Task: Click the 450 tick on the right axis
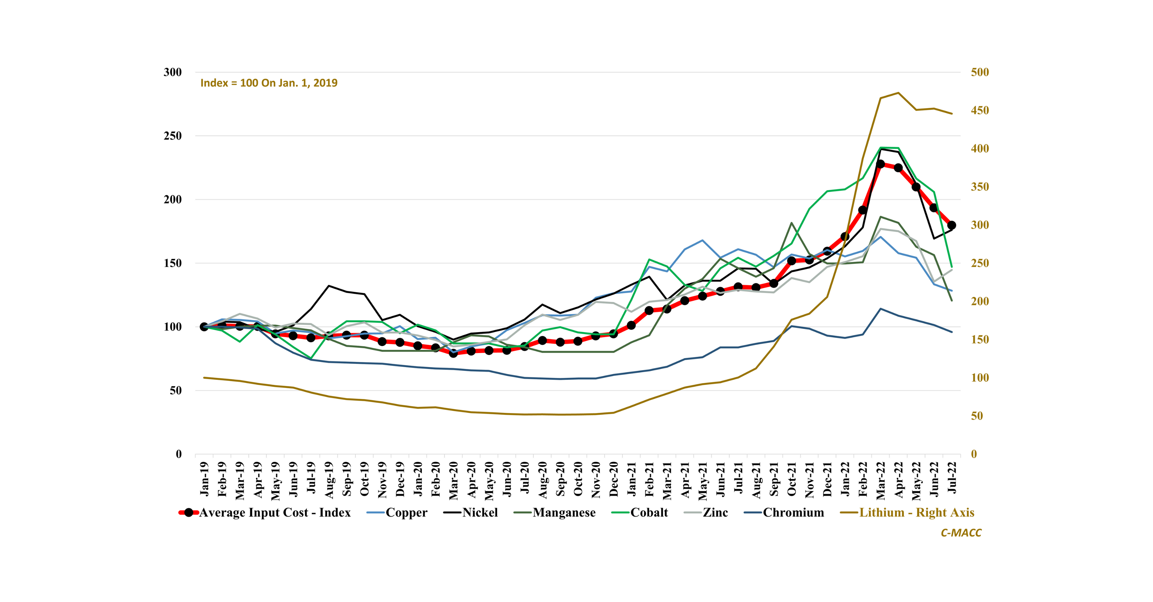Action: click(980, 110)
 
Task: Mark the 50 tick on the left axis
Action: click(176, 390)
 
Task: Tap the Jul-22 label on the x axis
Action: click(952, 478)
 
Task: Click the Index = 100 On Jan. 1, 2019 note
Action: click(269, 83)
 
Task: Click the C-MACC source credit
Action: click(961, 533)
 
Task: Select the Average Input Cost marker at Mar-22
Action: click(880, 164)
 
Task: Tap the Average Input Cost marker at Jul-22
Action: click(952, 225)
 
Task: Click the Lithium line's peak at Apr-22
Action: click(898, 93)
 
